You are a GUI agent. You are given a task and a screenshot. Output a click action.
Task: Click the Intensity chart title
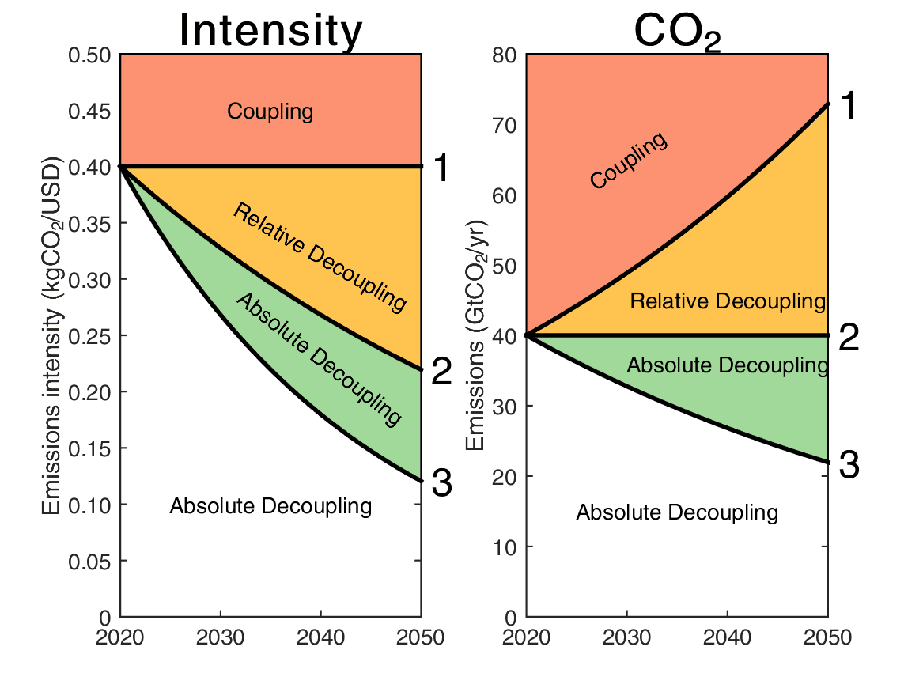tap(270, 31)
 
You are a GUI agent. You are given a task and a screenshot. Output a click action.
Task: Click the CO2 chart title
tap(677, 32)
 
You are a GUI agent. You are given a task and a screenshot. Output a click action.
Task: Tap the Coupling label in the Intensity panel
tap(270, 112)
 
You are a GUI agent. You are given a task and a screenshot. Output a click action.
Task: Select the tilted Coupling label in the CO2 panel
tap(629, 161)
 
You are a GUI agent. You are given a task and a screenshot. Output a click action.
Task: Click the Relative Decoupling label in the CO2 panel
tap(728, 301)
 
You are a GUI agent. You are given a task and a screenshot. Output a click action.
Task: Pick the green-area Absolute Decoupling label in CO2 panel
tap(728, 365)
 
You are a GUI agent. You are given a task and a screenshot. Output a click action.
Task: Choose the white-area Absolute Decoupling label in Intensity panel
tap(270, 506)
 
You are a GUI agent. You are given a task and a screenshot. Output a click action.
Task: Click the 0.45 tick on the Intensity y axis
tap(90, 112)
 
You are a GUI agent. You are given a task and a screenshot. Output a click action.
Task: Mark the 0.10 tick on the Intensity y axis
tap(90, 505)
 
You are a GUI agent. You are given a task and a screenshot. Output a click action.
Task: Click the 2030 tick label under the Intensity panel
tap(220, 638)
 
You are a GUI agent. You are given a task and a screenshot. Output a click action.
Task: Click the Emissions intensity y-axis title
tap(54, 335)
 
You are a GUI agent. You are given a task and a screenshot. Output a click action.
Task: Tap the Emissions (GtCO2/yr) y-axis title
tap(476, 335)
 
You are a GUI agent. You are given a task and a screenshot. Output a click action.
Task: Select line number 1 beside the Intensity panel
tap(442, 168)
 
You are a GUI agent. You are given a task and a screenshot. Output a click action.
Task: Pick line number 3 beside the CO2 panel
tap(849, 465)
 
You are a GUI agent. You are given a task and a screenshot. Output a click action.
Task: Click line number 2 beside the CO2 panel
tap(849, 338)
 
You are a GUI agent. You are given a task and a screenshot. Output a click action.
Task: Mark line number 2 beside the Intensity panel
tap(442, 372)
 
